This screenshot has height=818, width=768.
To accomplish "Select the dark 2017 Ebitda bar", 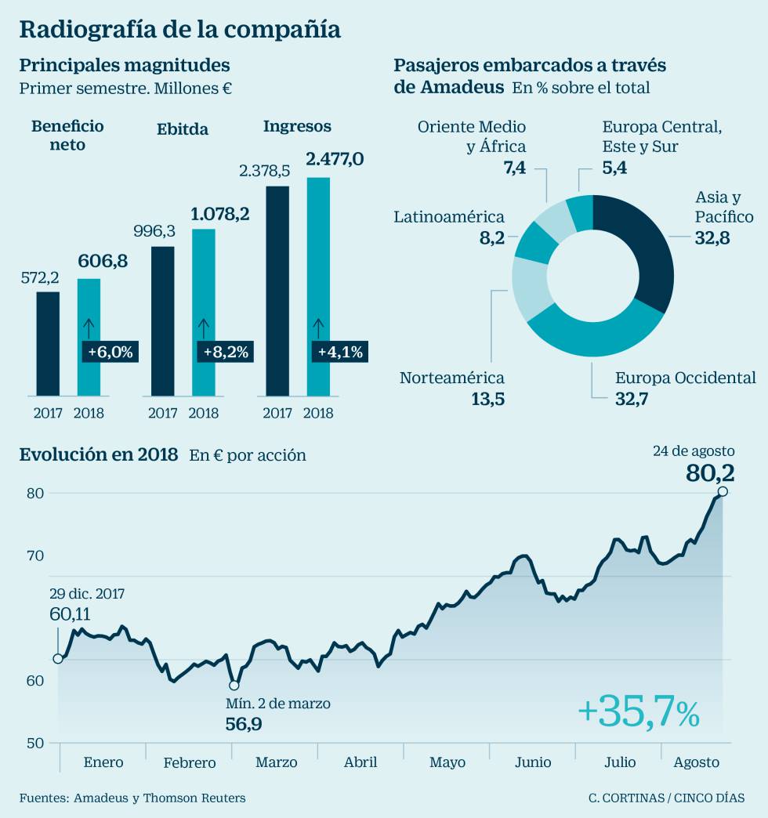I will (162, 321).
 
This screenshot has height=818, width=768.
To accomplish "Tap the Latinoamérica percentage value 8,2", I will (492, 237).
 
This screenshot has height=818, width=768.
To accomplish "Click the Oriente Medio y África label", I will (472, 136).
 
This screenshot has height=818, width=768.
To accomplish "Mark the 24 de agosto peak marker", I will (723, 491).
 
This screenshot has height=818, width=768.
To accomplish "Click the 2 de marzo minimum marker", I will (234, 686).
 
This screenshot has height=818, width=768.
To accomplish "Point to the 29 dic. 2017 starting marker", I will (57, 658).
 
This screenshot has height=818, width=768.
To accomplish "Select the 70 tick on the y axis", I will (36, 556).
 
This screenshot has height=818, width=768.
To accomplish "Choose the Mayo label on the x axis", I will (447, 762).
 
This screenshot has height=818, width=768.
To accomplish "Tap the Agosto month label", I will (696, 762).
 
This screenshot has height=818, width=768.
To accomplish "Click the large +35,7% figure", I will (638, 713).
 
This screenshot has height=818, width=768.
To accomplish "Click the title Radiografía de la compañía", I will (179, 29).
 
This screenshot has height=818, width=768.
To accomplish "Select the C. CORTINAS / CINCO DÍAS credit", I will (667, 798).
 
